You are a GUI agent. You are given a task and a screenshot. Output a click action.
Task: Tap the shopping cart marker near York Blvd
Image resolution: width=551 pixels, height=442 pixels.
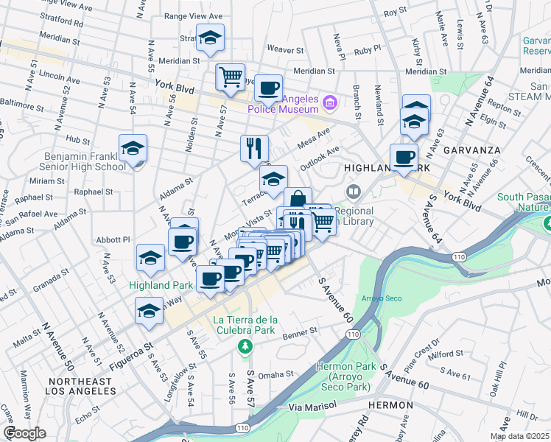click(231, 77)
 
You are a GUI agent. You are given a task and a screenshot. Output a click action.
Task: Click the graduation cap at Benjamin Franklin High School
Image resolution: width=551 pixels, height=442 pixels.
click(133, 148)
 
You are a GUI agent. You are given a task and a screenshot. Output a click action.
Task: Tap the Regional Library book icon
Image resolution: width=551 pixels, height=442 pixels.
click(354, 192)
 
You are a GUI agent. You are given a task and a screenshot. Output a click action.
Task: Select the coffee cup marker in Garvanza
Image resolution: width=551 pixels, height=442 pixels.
click(404, 157)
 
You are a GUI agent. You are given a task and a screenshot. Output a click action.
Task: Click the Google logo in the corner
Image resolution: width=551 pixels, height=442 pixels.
click(24, 433)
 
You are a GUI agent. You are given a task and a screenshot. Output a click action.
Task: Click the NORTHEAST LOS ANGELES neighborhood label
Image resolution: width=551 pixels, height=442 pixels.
click(80, 387)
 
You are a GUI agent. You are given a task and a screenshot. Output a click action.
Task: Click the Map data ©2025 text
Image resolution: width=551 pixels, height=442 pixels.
click(519, 436)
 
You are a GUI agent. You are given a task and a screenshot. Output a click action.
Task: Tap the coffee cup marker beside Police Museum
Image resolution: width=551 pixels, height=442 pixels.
click(268, 88)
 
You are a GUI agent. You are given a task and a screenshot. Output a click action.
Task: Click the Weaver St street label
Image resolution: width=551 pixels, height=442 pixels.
click(286, 50)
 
